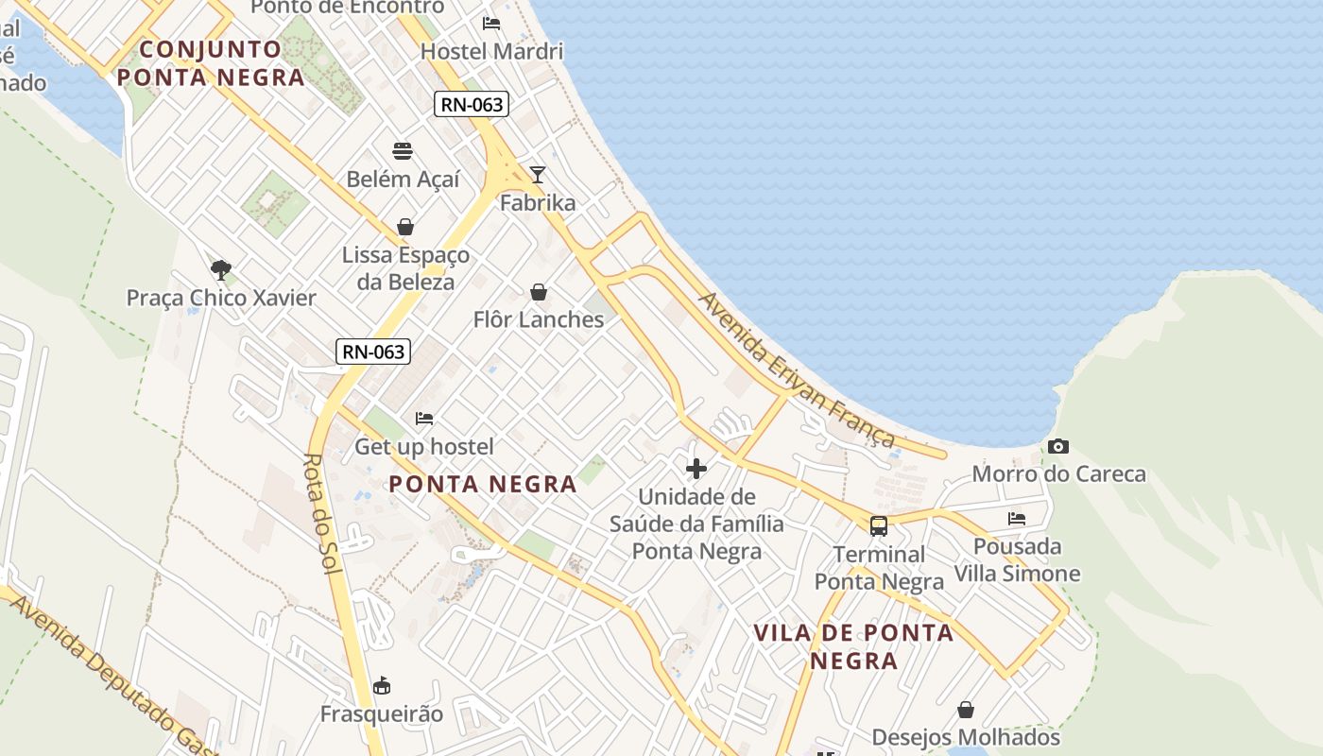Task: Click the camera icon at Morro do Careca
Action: coord(1058,446)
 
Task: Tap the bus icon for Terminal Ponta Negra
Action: coord(879,526)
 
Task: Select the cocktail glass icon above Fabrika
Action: coord(538,174)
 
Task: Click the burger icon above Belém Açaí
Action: coord(403,151)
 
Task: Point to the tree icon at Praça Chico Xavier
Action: coord(221,270)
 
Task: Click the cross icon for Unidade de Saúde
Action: coord(696,468)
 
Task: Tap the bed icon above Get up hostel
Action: coord(424,418)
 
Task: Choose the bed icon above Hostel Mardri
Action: coord(491,23)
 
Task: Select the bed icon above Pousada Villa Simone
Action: coord(1017,518)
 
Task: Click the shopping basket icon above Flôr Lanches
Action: coord(539,292)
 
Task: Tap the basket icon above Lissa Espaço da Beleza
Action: coord(405,227)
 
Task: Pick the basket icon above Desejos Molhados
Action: coord(966,709)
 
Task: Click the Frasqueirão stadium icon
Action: coord(382,685)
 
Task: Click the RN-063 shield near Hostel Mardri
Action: coord(472,104)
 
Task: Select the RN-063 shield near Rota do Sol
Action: coord(373,352)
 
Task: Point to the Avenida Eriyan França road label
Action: coord(796,369)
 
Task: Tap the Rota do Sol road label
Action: coord(320,513)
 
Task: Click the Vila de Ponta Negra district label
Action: coord(853,646)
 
